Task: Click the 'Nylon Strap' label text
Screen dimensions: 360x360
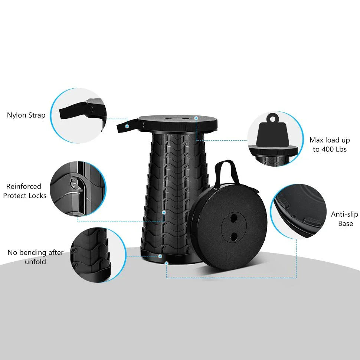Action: (x=26, y=115)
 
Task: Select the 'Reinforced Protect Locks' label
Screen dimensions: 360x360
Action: (x=25, y=191)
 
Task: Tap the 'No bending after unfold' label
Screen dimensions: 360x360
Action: (x=36, y=257)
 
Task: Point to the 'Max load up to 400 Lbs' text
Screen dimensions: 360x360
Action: (x=330, y=145)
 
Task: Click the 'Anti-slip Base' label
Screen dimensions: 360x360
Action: (x=345, y=219)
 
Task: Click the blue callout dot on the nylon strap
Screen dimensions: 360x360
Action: (x=127, y=126)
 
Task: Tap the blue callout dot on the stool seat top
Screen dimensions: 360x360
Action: (x=196, y=118)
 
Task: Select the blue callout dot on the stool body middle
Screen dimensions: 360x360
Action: (x=164, y=212)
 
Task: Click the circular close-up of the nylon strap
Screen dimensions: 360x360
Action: (x=78, y=115)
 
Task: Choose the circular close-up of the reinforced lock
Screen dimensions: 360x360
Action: (x=78, y=189)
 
